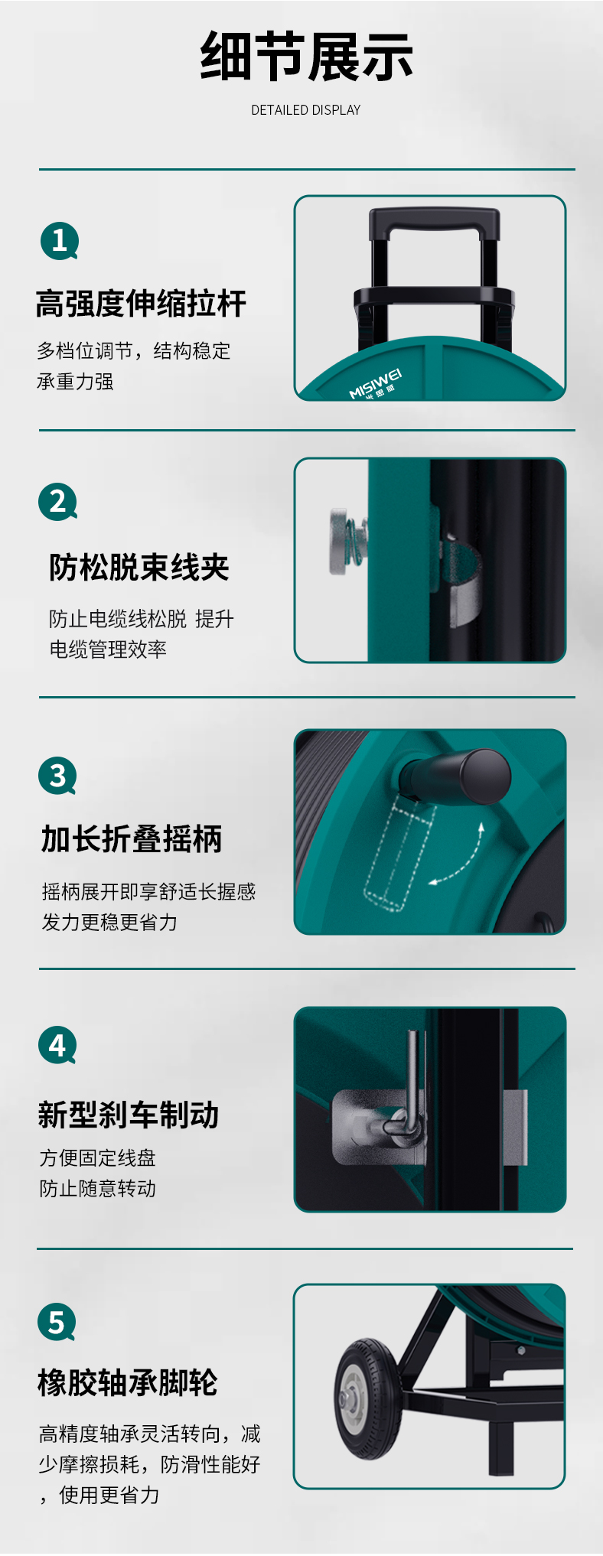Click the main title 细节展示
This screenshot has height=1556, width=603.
click(306, 57)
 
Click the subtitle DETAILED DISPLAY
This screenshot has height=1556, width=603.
click(305, 110)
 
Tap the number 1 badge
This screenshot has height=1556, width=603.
click(59, 241)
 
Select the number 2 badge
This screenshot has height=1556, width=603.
click(58, 502)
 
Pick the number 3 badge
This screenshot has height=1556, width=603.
click(57, 776)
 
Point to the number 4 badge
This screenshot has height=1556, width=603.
click(57, 1045)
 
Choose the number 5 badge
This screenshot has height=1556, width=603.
click(57, 1322)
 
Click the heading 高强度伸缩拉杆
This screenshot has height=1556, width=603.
click(141, 304)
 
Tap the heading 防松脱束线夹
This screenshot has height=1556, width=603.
click(139, 568)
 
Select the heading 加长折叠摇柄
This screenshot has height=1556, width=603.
click(132, 839)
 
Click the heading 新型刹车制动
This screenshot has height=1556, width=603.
click(129, 1115)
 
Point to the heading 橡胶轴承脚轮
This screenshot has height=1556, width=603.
click(128, 1382)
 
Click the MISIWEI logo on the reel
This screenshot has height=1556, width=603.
click(375, 385)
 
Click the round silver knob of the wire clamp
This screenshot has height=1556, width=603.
click(338, 542)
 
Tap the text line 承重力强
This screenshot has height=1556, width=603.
click(75, 382)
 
